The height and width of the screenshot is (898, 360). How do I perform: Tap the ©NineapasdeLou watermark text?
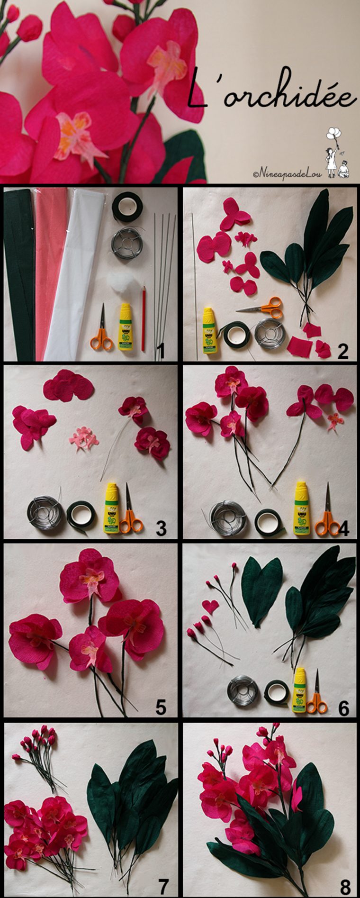pyautogui.click(x=288, y=174)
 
